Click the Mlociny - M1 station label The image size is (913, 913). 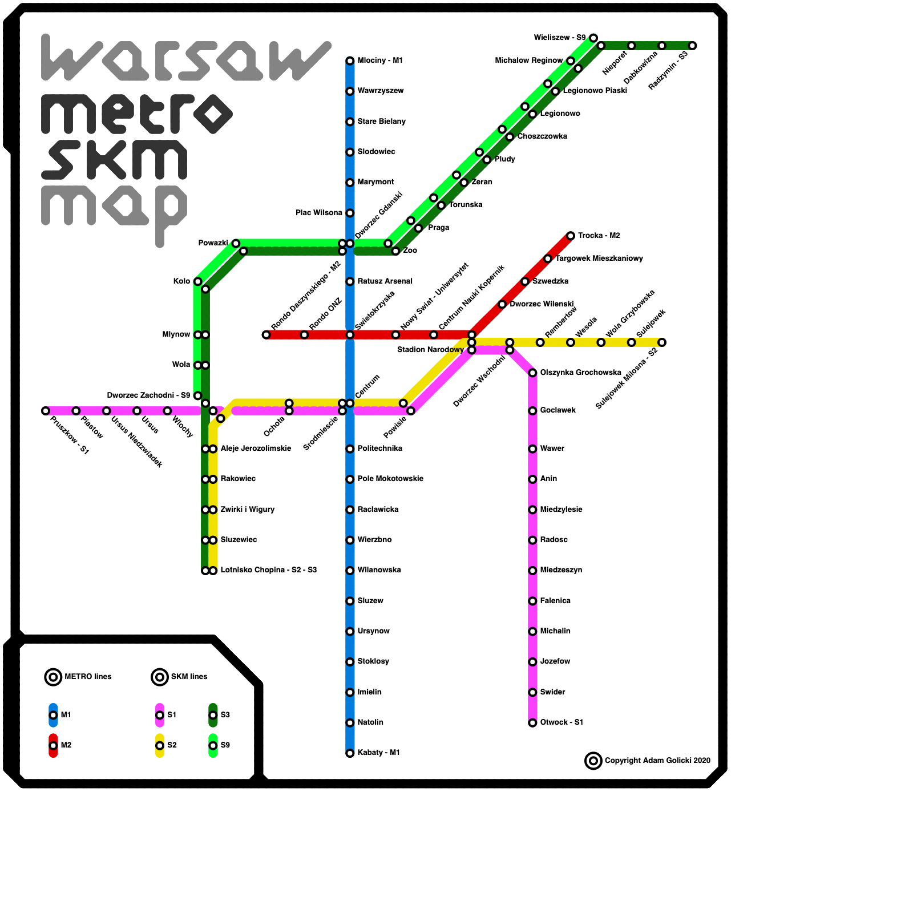coord(380,60)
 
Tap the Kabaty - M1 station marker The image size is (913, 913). coord(350,753)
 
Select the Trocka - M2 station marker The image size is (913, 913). coord(571,236)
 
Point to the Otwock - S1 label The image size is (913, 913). coord(561,722)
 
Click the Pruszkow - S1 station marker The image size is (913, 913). coord(46,411)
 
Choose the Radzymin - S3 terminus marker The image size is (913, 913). coord(692,46)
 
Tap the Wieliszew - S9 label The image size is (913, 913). coord(559,38)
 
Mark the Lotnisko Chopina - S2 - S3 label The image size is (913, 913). coord(268,570)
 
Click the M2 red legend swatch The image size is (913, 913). coord(53,745)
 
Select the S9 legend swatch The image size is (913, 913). coord(213,745)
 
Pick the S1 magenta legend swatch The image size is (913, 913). coord(160,715)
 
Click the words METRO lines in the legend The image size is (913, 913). coord(88,677)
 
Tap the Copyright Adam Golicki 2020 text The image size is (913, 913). coord(657,761)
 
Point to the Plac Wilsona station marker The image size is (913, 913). coord(350,213)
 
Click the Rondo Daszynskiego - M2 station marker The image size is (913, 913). coord(266,335)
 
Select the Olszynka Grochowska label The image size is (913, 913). coord(580,373)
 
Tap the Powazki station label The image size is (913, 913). coord(213,243)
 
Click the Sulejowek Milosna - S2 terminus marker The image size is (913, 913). coord(662,342)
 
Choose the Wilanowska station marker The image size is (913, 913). coord(350,571)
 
